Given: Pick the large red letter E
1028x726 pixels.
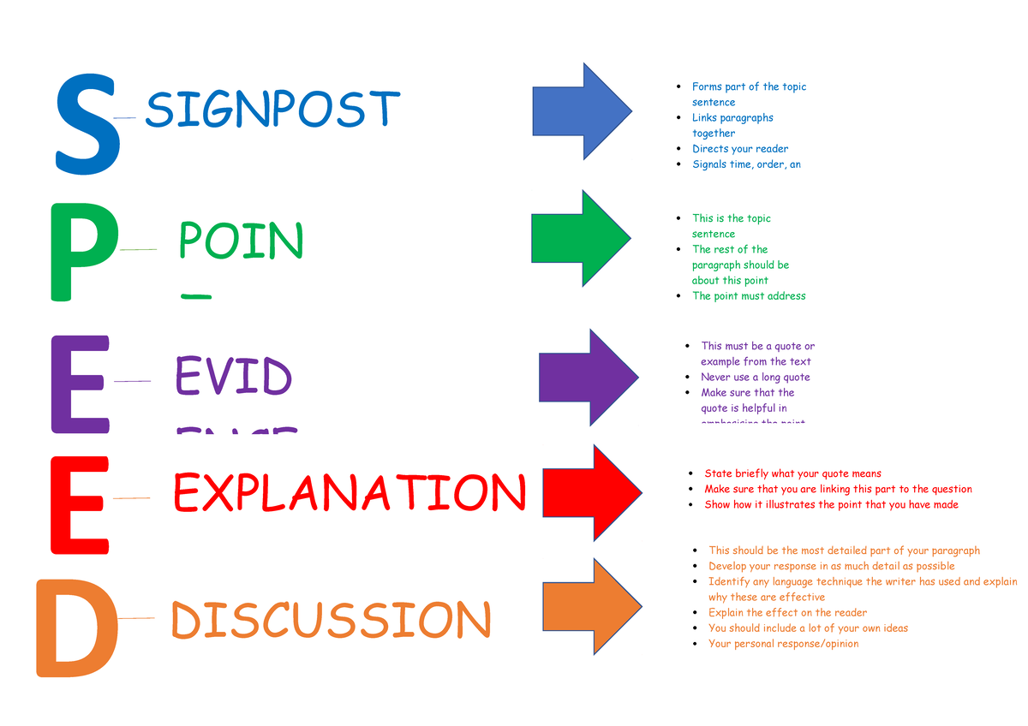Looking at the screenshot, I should [80, 504].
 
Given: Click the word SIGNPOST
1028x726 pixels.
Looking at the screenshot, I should [272, 110].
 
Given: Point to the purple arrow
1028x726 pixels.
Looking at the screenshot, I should [588, 377].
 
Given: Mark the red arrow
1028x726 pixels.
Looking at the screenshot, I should [591, 492].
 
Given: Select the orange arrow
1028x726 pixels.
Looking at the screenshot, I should [592, 606].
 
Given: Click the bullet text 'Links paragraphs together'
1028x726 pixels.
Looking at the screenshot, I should [732, 125].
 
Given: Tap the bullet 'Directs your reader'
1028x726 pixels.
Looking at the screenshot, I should [739, 149].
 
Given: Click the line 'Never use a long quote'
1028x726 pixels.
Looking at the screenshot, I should [755, 377].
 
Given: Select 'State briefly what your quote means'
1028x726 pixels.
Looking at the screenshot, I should [792, 473].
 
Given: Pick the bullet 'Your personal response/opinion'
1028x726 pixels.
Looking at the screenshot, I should [783, 644].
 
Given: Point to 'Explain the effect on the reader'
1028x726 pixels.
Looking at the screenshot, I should [787, 613].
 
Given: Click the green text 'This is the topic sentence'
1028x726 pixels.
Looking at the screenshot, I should [730, 226].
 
